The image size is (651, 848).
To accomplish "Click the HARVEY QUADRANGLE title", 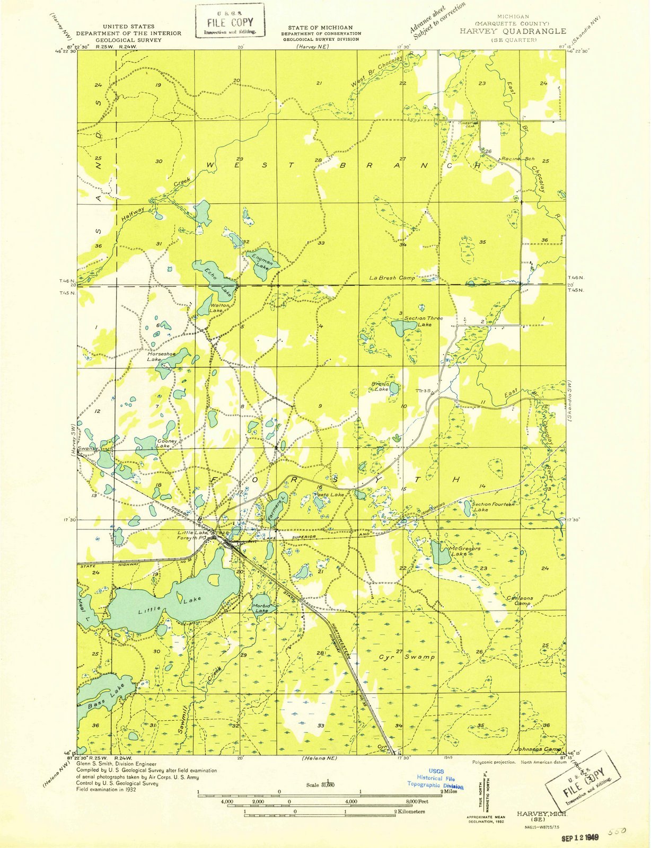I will tap(513, 31).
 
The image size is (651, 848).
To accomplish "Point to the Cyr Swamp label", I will tap(407, 657).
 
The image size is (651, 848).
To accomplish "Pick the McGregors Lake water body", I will tap(439, 553).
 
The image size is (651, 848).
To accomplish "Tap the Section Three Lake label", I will tap(423, 321).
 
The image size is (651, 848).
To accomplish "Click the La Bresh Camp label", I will tap(392, 278).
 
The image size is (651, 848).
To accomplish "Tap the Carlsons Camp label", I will tap(519, 600).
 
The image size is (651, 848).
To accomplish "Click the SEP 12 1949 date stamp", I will tap(580, 838).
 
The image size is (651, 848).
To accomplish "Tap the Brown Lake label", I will tap(380, 386).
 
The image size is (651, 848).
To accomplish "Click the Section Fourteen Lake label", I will tap(492, 507).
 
